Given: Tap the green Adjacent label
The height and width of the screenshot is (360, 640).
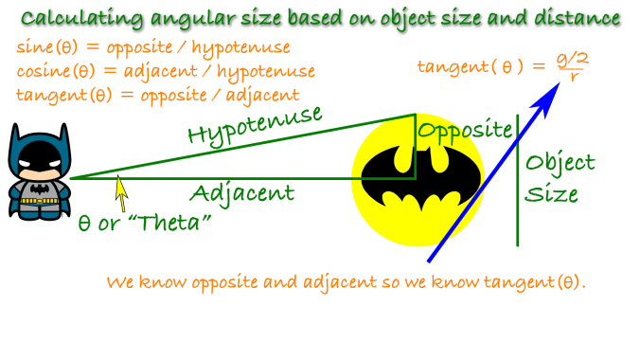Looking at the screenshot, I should click(241, 194).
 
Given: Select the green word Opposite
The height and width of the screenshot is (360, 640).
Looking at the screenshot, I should click(464, 130).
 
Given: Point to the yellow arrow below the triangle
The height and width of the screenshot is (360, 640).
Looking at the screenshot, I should click(121, 192).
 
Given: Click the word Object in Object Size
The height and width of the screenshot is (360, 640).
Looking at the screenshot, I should click(560, 162).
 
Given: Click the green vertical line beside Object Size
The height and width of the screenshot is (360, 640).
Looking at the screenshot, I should click(518, 180).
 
